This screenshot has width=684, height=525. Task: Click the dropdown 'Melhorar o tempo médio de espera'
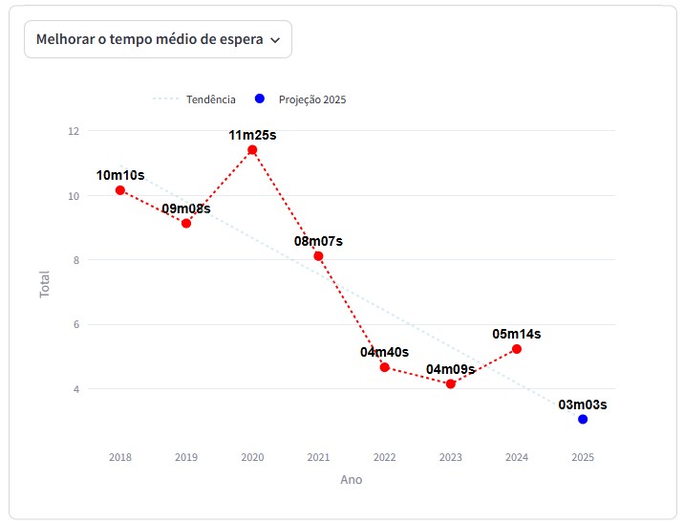157,39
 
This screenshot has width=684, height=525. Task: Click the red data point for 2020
252,150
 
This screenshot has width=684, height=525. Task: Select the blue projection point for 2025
583,419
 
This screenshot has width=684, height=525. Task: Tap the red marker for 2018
120,190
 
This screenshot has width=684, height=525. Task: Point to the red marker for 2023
451,383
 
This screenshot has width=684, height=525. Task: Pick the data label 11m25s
252,135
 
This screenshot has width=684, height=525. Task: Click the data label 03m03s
583,405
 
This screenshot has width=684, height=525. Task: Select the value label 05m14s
517,334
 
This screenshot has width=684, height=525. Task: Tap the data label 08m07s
318,241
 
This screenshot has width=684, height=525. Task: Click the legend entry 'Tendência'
210,99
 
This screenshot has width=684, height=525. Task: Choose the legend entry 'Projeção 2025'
311,99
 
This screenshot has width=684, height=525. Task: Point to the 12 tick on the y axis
74,131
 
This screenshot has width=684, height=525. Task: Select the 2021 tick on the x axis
318,457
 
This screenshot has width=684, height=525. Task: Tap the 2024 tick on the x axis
517,457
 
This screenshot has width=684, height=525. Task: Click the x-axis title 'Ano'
351,479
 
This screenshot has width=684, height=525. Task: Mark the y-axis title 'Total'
45,284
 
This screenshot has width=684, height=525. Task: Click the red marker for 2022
384,367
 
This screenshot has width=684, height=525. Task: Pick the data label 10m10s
120,175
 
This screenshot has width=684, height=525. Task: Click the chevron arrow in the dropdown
275,40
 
